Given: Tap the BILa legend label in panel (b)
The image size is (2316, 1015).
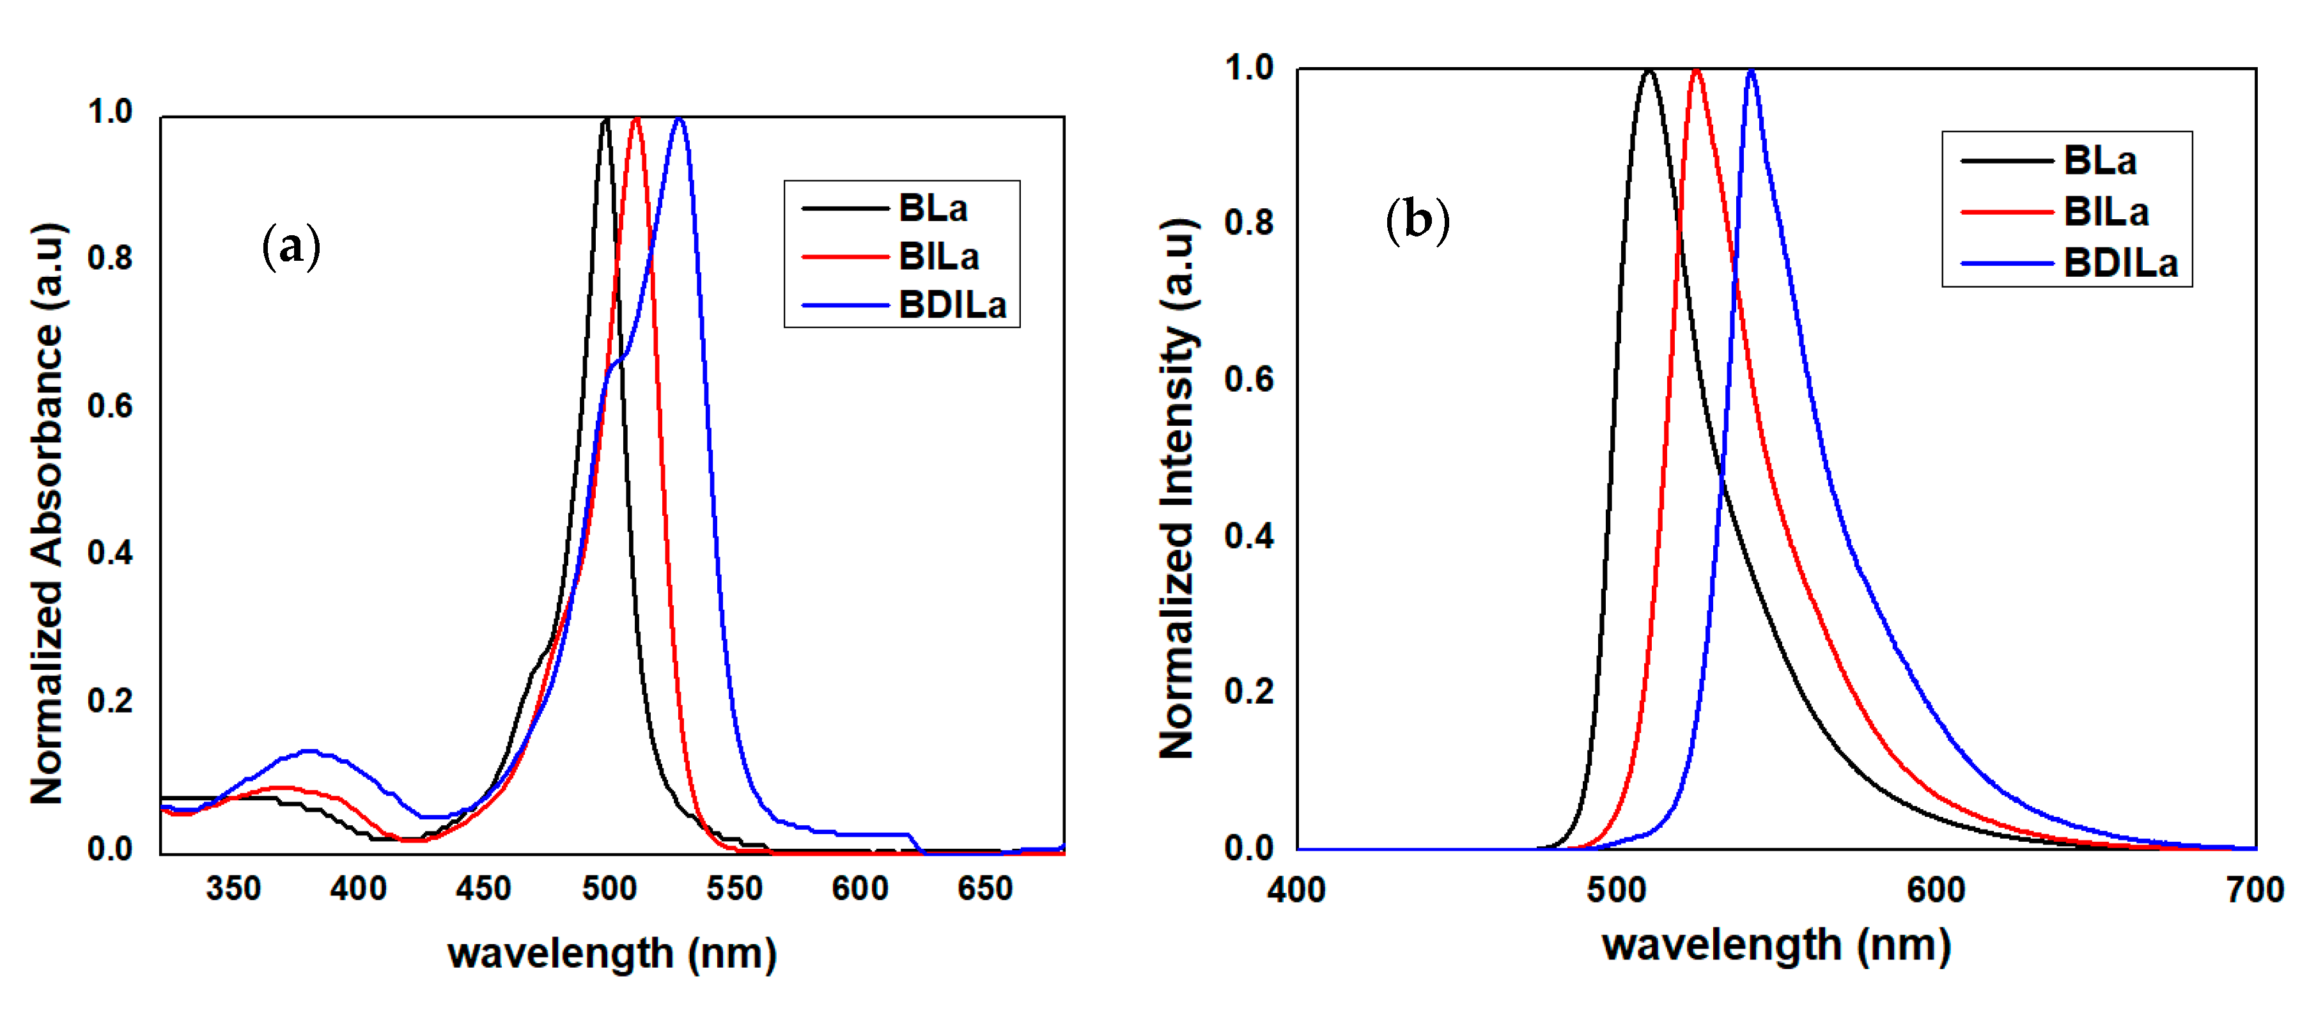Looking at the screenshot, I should click(x=2106, y=212).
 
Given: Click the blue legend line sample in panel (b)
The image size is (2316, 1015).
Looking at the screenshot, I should click(x=2006, y=263).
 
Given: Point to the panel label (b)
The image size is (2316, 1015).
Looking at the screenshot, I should click(x=1417, y=221).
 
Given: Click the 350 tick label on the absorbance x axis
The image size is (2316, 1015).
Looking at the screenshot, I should click(x=233, y=888).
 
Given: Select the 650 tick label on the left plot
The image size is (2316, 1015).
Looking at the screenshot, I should click(x=984, y=888).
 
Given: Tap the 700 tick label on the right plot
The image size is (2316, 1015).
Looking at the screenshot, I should click(x=2254, y=890).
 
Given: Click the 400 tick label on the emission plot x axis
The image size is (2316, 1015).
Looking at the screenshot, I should click(x=1296, y=890).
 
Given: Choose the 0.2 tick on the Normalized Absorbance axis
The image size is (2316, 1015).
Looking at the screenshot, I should click(x=110, y=701).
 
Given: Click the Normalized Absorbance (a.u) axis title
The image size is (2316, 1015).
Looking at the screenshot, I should click(x=47, y=513).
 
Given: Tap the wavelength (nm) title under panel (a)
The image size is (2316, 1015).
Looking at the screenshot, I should click(x=611, y=954).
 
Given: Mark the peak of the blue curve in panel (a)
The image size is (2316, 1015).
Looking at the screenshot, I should click(x=679, y=119).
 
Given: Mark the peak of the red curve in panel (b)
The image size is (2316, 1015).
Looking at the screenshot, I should click(x=1696, y=70).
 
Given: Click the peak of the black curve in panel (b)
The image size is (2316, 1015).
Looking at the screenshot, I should click(x=1648, y=70).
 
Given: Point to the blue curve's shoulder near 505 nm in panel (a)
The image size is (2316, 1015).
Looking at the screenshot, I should click(x=619, y=360).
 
